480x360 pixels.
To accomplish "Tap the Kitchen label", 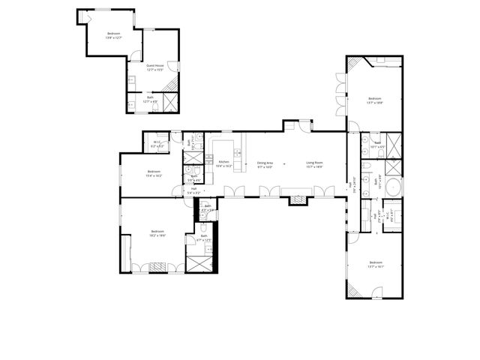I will pyautogui.click(x=223, y=163).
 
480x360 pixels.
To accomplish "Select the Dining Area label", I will pyautogui.click(x=265, y=163).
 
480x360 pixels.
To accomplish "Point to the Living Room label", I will pyautogui.click(x=313, y=163).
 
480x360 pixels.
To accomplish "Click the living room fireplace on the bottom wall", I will pyautogui.click(x=298, y=199).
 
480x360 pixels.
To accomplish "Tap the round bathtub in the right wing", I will pyautogui.click(x=392, y=187).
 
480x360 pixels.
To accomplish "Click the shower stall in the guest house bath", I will pyautogui.click(x=170, y=102).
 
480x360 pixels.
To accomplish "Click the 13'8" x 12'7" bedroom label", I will pyautogui.click(x=114, y=35).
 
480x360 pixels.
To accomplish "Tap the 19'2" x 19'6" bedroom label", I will pyautogui.click(x=157, y=232).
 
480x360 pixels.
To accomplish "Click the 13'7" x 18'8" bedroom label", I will pyautogui.click(x=375, y=100).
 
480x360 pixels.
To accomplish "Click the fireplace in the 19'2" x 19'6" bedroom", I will pyautogui.click(x=158, y=265).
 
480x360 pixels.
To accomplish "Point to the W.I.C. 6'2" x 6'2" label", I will pyautogui.click(x=157, y=144).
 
